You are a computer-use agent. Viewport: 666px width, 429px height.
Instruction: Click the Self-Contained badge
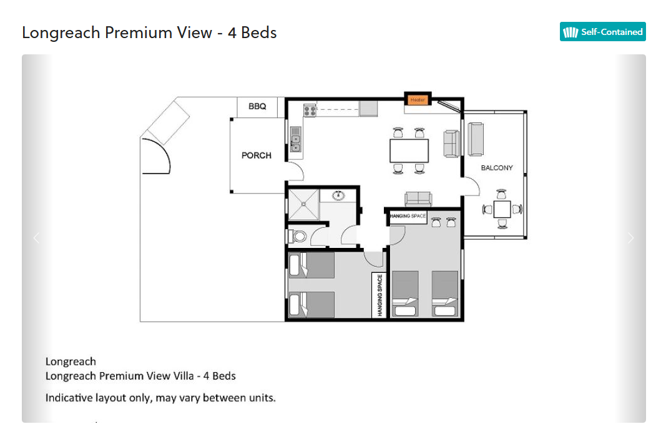tap(602, 32)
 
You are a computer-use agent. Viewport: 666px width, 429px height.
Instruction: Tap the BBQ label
tap(257, 106)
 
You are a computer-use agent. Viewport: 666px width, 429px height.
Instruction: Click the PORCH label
tap(257, 155)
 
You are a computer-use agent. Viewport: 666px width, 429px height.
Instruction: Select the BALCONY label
tap(497, 168)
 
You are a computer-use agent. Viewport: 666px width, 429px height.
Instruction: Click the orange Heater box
tap(418, 100)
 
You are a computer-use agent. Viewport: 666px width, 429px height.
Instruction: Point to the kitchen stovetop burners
tap(310, 111)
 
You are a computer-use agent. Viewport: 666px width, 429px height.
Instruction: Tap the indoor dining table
tap(409, 150)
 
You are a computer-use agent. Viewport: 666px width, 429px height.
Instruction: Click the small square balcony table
tap(502, 209)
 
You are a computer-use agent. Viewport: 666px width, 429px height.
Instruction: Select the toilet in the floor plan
tap(298, 236)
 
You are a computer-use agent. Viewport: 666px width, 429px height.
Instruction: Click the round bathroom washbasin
tap(338, 195)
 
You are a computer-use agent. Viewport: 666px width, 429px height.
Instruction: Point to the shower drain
tap(304, 204)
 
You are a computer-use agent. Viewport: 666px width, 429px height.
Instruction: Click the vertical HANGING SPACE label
tap(380, 295)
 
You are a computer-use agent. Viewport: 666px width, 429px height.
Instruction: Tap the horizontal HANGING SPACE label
tap(408, 216)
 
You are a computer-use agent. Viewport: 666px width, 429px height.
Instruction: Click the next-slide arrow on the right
tap(631, 238)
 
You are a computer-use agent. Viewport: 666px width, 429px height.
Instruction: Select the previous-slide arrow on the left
tap(37, 238)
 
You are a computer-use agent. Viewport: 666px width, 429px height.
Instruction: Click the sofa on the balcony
tap(475, 139)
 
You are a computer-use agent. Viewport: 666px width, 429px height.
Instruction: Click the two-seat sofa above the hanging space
tap(418, 199)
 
